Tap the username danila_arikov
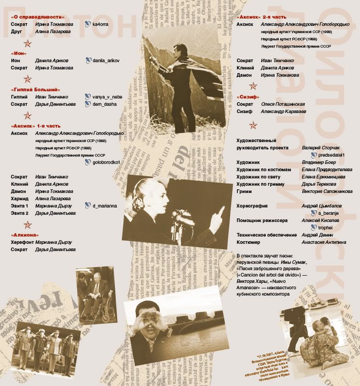pyautogui.click(x=106, y=61)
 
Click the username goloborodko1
pyautogui.click(x=106, y=163)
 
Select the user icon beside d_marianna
pyautogui.click(x=87, y=206)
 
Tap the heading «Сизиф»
pyautogui.click(x=249, y=97)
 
